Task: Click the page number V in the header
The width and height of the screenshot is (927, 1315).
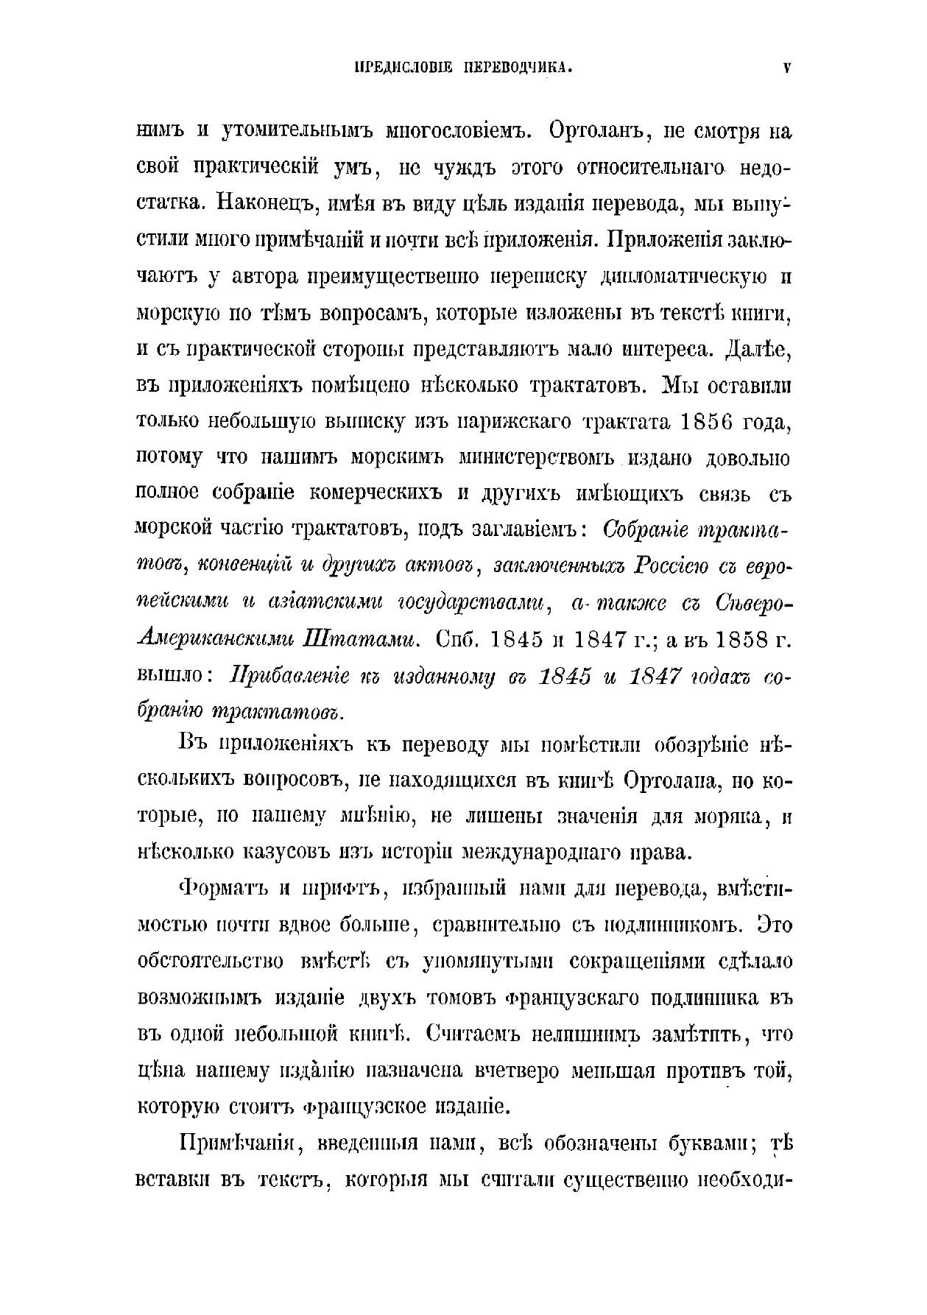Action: [x=787, y=68]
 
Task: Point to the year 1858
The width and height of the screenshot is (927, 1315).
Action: [x=737, y=639]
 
